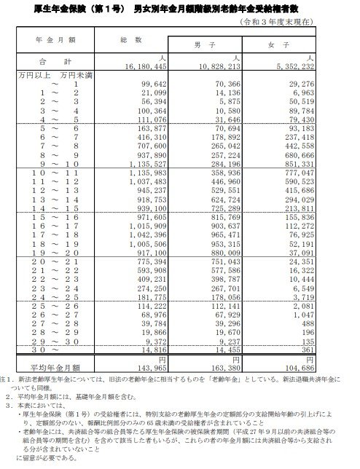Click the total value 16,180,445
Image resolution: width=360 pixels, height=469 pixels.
(x=146, y=65)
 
